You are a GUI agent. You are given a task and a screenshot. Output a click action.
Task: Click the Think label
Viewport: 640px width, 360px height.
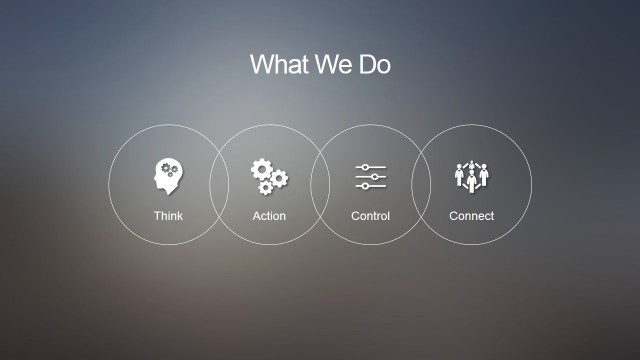[168, 216]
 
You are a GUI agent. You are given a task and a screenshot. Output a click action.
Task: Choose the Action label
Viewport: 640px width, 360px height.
[269, 216]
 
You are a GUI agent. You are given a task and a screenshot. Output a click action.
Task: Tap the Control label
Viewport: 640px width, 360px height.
[370, 216]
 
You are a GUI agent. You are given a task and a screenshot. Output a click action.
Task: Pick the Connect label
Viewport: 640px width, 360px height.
[471, 216]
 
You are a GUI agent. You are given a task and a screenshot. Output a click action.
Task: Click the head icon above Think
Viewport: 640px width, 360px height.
[168, 177]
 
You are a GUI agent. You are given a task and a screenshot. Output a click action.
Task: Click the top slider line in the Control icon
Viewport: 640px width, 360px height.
[371, 167]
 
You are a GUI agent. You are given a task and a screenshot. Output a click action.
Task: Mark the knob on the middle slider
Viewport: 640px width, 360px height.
[375, 177]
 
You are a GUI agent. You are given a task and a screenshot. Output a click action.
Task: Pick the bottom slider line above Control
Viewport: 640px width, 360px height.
[371, 187]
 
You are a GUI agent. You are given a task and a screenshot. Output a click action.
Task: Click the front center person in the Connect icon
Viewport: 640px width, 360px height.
[471, 180]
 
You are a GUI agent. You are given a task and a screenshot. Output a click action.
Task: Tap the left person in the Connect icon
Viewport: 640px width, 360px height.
[460, 175]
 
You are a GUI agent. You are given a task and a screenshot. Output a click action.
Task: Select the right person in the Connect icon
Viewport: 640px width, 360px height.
[483, 175]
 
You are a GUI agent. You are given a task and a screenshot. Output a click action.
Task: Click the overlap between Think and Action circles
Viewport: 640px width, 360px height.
[219, 185]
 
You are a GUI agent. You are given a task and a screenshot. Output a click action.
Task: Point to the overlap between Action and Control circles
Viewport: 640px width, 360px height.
[320, 185]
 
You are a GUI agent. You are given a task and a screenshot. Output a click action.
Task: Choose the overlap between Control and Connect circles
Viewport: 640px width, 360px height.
[421, 185]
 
